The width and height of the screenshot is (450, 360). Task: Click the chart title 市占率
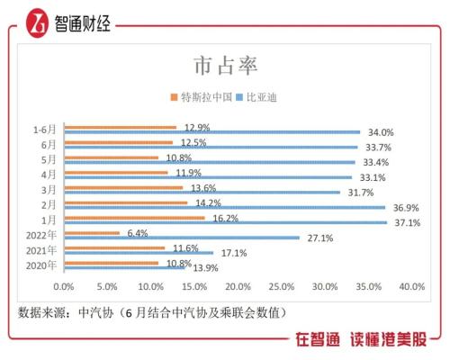225,66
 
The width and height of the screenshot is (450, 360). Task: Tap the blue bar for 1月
225,222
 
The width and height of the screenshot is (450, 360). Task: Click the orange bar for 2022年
91,233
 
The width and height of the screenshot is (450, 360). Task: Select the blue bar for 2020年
123,268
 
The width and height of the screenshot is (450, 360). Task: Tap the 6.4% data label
138,233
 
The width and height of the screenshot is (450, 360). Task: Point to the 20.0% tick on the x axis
238,286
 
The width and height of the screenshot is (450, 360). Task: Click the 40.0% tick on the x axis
411,286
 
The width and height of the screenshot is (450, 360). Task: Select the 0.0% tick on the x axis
64,286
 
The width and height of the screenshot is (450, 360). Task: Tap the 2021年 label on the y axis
40,250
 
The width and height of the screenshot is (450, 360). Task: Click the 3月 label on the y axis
48,189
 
